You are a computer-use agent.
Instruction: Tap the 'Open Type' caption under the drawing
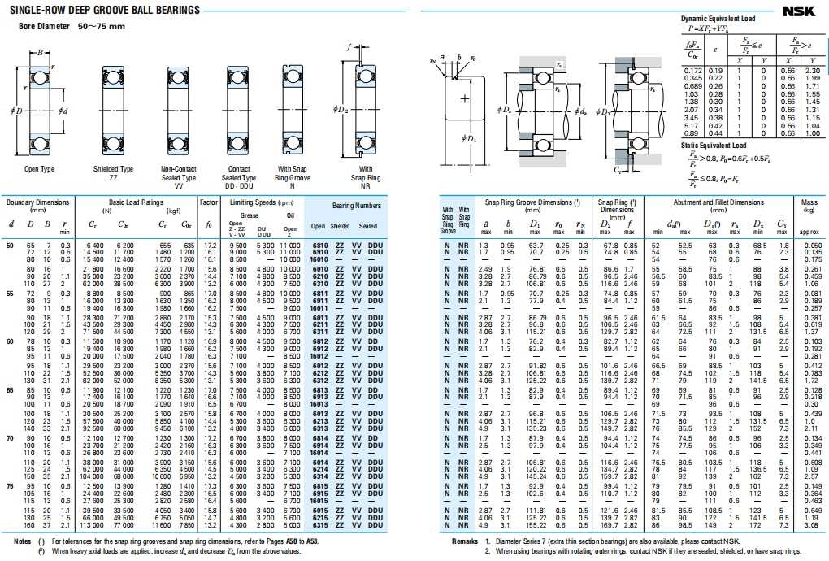click(x=39, y=169)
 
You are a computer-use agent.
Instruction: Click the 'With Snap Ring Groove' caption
click(x=292, y=173)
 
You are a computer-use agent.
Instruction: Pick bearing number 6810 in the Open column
click(x=319, y=245)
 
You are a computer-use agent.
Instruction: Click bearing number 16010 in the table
click(x=319, y=259)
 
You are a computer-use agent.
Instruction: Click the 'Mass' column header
click(x=809, y=202)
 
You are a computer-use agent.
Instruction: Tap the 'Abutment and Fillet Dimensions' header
click(x=718, y=202)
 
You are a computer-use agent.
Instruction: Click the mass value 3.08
click(x=809, y=526)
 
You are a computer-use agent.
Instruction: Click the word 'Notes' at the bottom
click(x=23, y=541)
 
